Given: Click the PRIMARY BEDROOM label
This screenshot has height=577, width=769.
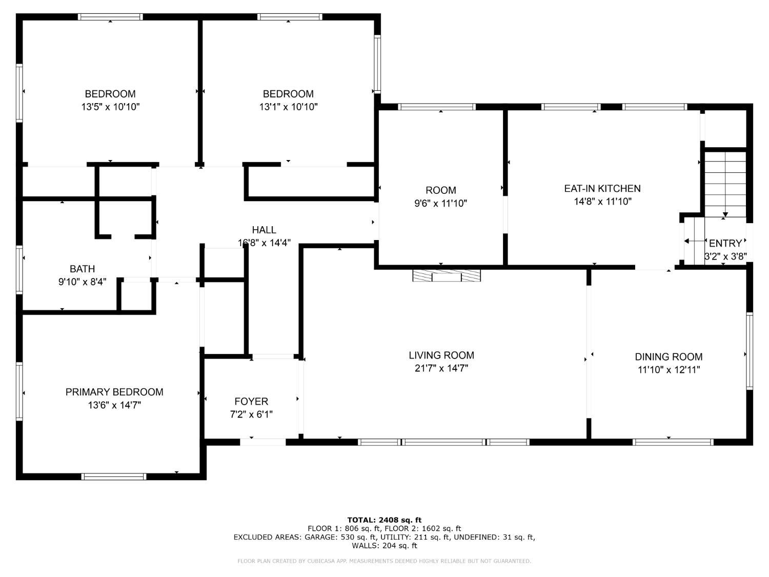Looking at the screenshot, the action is tap(114, 392).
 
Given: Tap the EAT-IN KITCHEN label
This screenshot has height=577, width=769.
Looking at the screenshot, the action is tap(602, 188).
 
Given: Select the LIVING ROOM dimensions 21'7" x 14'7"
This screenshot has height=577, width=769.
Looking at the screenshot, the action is tap(441, 368).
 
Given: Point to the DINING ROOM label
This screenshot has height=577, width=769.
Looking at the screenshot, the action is tap(669, 356).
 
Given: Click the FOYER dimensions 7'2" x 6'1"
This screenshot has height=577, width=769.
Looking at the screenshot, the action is tap(251, 414).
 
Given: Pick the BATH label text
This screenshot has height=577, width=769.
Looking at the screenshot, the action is tap(83, 269).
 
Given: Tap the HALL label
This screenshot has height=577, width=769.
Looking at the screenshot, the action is tap(264, 230).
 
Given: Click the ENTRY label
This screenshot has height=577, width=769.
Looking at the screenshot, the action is tap(725, 243).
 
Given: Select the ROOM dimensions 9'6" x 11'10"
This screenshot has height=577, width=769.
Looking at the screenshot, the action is tap(441, 203).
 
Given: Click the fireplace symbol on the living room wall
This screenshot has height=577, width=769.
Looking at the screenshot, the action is tap(447, 275).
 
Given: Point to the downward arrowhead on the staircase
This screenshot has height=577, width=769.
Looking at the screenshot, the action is tap(725, 214).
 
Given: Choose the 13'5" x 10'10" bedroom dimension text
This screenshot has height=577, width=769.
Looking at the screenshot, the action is tap(110, 107).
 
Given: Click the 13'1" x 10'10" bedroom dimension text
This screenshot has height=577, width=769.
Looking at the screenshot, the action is tap(288, 107).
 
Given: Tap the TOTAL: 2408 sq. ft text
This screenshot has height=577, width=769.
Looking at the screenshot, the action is tap(385, 520).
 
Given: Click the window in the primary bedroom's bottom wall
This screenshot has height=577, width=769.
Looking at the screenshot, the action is tap(114, 476).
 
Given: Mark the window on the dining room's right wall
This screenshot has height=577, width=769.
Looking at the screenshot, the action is tap(750, 351).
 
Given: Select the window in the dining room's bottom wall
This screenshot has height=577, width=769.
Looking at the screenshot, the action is tap(673, 442).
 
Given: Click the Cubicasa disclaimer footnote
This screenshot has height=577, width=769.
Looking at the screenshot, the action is tap(385, 561).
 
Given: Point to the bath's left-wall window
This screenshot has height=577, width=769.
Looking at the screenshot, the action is tap(19, 270).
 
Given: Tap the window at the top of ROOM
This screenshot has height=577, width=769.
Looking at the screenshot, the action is tap(437, 107).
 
